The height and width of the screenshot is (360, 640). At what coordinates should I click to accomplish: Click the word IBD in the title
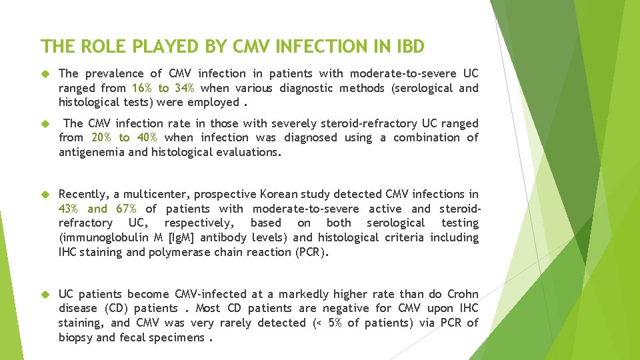coord(407,46)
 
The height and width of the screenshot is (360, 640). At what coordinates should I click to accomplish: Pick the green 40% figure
coord(146,137)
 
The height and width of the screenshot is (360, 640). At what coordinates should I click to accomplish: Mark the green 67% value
coord(126,209)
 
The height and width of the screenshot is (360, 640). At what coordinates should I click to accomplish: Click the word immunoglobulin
coord(100,237)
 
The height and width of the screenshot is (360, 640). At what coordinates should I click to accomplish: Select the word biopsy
coord(76,337)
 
